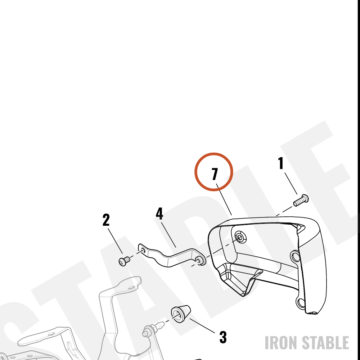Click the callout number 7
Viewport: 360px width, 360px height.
[215, 174]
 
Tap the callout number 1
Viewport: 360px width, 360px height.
[281, 163]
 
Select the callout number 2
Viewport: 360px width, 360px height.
[106, 220]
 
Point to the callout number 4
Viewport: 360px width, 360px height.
[159, 213]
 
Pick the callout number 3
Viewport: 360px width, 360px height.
[223, 337]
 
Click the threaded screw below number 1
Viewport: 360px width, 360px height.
[301, 201]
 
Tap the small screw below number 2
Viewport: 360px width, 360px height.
[124, 261]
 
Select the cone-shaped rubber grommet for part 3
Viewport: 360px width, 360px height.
[181, 314]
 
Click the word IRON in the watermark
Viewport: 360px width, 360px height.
[282, 343]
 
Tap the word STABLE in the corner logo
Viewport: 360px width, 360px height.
[325, 343]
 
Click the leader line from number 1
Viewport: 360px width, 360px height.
[291, 184]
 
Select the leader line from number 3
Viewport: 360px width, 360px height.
[202, 325]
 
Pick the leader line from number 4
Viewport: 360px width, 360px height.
[169, 235]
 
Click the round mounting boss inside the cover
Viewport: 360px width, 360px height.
[240, 238]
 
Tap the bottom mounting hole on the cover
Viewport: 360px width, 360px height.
[301, 303]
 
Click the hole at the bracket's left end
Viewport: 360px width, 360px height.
[143, 251]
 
